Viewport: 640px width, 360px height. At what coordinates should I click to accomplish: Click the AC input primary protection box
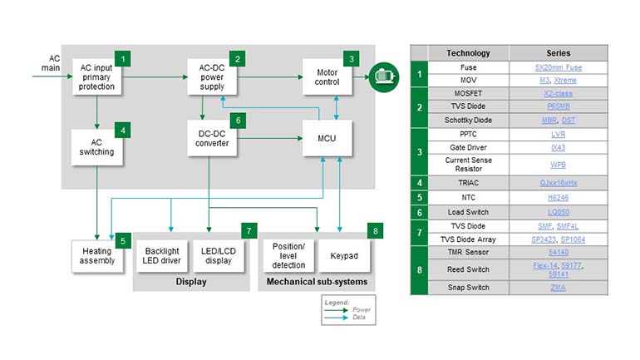point(97,76)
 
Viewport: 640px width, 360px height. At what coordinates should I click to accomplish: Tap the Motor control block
point(326,76)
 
